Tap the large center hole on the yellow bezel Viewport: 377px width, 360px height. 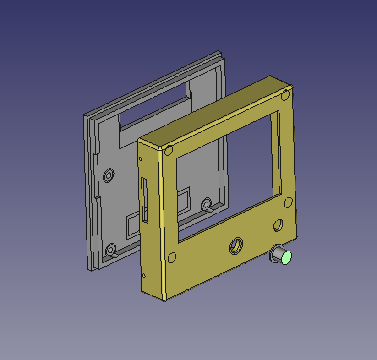236,245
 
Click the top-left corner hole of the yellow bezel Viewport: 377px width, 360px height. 169,150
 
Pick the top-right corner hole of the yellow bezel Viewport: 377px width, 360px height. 285,95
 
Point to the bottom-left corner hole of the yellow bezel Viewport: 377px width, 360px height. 172,257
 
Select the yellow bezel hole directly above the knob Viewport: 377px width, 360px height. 278,224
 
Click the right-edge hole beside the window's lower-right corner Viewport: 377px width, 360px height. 288,202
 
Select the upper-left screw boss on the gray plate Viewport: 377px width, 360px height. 109,175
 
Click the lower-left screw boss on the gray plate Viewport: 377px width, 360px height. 110,250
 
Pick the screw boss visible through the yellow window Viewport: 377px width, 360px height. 206,204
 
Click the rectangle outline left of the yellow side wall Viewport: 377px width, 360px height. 131,225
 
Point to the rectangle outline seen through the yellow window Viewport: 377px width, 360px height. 183,202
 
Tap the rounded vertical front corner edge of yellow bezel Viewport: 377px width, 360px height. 162,224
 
